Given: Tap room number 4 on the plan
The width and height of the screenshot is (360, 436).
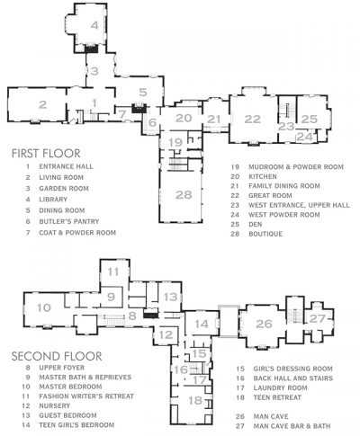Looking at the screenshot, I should point(94,27).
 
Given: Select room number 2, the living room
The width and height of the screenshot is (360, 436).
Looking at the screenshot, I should point(41,104).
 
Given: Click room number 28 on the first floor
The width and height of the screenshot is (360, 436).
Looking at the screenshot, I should point(183,195).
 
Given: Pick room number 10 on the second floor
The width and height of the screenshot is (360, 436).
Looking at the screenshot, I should point(43,308).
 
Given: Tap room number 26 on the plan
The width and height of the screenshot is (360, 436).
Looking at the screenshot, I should point(263,324).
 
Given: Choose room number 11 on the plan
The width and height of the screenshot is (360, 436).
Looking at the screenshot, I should point(113,271).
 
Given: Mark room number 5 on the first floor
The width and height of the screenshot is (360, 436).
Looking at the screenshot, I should point(141,93).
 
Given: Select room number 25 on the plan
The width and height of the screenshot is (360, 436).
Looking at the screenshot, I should point(309,118).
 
